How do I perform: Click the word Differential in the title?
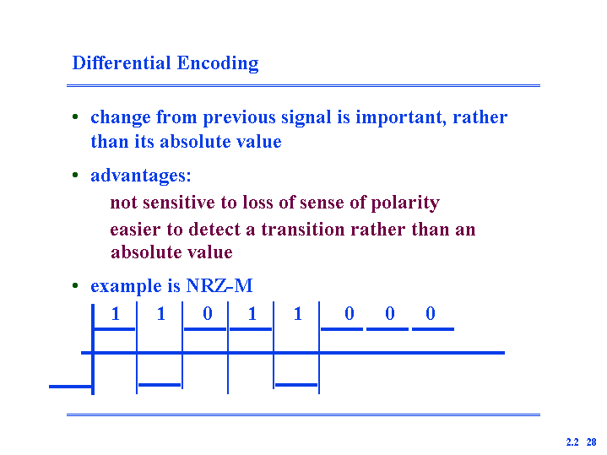[122, 62]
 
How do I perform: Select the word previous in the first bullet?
[239, 118]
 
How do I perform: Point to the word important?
[401, 117]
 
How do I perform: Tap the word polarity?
[405, 203]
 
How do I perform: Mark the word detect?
[214, 230]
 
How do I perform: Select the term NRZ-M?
[219, 286]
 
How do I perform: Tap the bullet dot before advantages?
[75, 175]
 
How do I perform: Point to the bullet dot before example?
[75, 286]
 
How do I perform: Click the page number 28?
[591, 441]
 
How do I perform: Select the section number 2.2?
[572, 441]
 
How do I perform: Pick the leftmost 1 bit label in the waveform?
[116, 313]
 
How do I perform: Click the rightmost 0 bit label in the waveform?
[431, 313]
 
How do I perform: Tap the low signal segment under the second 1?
[160, 385]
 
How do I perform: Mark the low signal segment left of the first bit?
[71, 387]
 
